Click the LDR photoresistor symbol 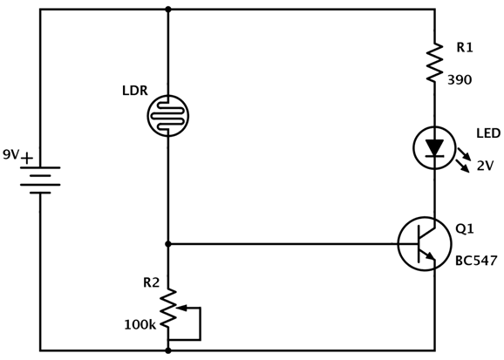(x=167, y=116)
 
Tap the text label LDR (x=135, y=91)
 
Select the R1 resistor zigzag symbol (x=434, y=62)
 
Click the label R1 (x=465, y=48)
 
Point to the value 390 (x=460, y=80)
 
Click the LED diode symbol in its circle (x=434, y=148)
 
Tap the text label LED (x=488, y=133)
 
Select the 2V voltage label (x=485, y=166)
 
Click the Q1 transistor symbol (x=425, y=244)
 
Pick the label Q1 (x=465, y=229)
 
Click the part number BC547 (x=476, y=261)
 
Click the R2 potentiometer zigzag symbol (x=168, y=309)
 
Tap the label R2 (x=151, y=282)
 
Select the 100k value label (x=140, y=325)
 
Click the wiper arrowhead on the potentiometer (x=181, y=308)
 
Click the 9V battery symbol (x=40, y=180)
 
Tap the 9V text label (x=11, y=154)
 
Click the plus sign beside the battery (x=27, y=158)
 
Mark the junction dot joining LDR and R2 (x=167, y=244)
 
